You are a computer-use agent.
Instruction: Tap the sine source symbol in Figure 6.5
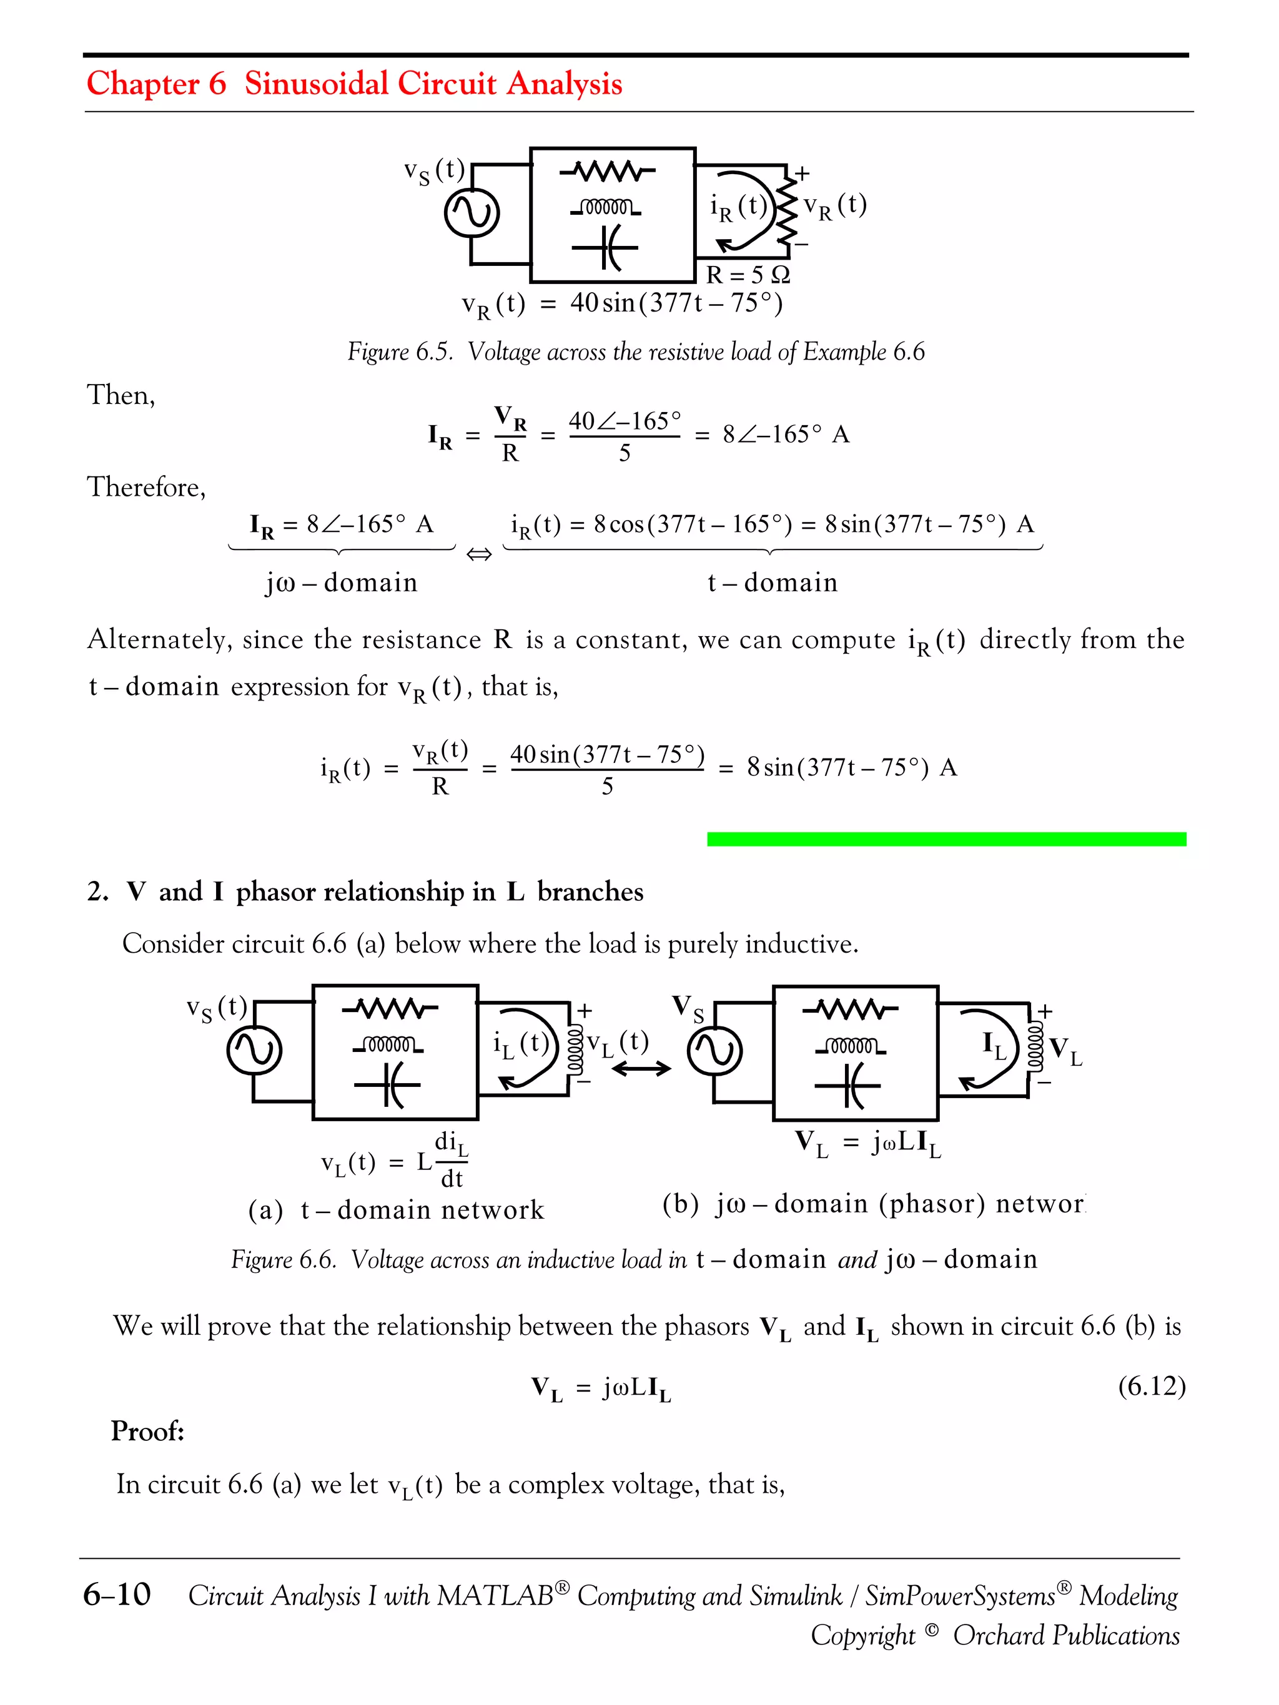click(x=472, y=214)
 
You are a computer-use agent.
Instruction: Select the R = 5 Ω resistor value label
click(x=748, y=275)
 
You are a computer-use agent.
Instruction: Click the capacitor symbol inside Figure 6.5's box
click(x=606, y=247)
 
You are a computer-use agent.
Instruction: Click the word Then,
click(x=121, y=395)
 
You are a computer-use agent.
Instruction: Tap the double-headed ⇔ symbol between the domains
click(x=479, y=554)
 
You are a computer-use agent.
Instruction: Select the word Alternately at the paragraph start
click(x=160, y=639)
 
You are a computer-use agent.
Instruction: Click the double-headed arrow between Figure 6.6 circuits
click(x=641, y=1068)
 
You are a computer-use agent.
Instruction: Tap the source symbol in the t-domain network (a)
click(x=254, y=1051)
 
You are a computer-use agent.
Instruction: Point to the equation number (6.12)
click(x=1151, y=1386)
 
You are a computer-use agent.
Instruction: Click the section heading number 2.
click(x=97, y=892)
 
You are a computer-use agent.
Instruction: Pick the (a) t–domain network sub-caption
click(x=395, y=1209)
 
